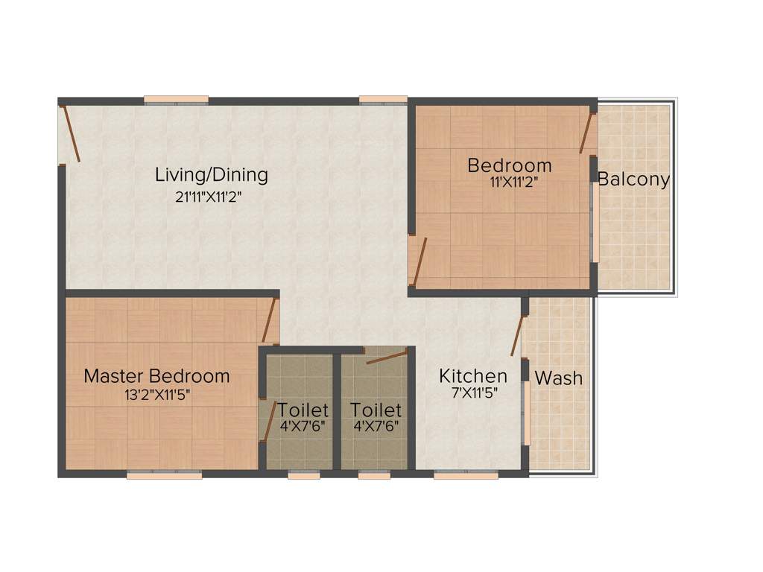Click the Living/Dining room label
(x=211, y=175)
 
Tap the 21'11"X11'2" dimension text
(x=209, y=197)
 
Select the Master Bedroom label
(x=156, y=375)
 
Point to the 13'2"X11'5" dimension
(x=158, y=395)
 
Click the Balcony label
(x=633, y=179)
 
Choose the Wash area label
(x=559, y=378)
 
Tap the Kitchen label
(x=473, y=375)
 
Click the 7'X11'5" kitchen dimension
(x=475, y=394)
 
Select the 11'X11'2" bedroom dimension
(x=510, y=181)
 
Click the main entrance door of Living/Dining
(x=71, y=134)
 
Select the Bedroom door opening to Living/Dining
(x=420, y=261)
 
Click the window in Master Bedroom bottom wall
(x=164, y=474)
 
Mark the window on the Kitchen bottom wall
(x=455, y=474)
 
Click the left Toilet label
(x=303, y=410)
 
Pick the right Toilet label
(x=376, y=410)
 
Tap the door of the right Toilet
(x=387, y=356)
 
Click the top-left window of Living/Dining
(x=176, y=100)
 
